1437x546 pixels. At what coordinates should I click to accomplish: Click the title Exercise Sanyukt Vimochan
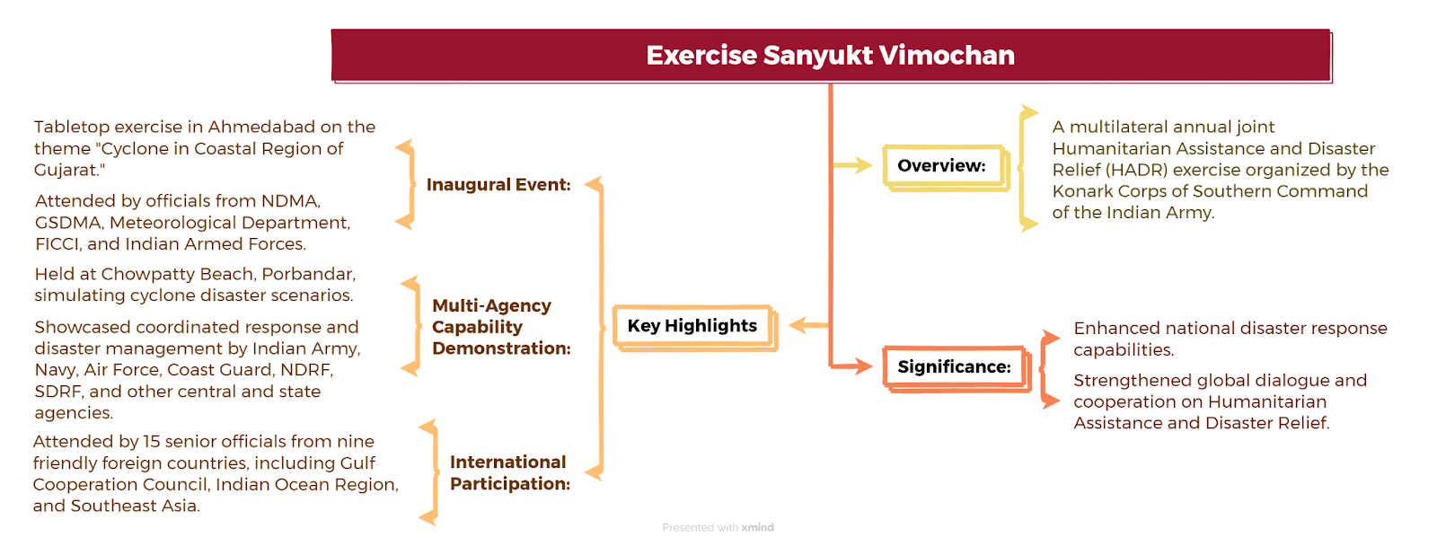click(830, 55)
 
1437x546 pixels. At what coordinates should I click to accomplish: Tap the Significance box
click(957, 368)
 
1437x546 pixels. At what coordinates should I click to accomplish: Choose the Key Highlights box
click(695, 327)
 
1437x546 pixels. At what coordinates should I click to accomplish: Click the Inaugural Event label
click(498, 185)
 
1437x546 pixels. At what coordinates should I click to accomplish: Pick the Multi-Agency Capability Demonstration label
click(501, 327)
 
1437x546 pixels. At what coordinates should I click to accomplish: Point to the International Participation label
click(510, 472)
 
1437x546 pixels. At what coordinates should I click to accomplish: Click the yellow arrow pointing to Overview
click(852, 165)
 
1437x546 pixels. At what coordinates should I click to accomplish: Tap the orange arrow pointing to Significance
click(852, 366)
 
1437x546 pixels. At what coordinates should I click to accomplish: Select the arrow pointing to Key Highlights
click(809, 325)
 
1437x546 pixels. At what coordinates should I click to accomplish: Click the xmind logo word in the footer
click(758, 527)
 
